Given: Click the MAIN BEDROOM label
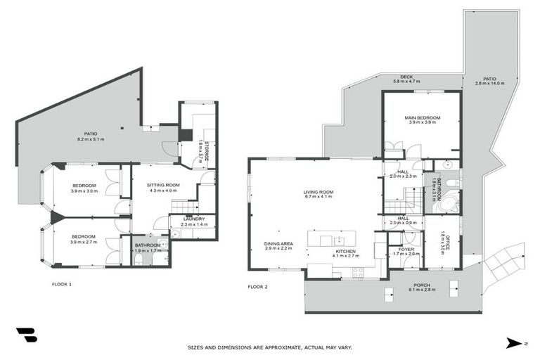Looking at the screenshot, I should pos(423,117).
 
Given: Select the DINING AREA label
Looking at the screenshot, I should pos(279,243).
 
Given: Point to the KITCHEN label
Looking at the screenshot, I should pos(345,251).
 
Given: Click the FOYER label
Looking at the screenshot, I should pos(406,248).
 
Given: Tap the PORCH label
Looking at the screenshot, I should pos(421,284).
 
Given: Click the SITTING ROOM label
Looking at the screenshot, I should pos(163,186).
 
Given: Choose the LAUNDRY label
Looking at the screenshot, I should pos(193,219).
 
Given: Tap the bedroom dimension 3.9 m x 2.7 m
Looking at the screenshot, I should pos(84,242).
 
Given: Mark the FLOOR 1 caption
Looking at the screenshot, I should pos(62,285).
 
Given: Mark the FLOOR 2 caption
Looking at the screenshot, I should pos(257,287).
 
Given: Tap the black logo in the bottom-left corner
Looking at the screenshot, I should pos(26,335).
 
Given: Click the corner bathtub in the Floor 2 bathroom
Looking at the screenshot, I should pos(447,205).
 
